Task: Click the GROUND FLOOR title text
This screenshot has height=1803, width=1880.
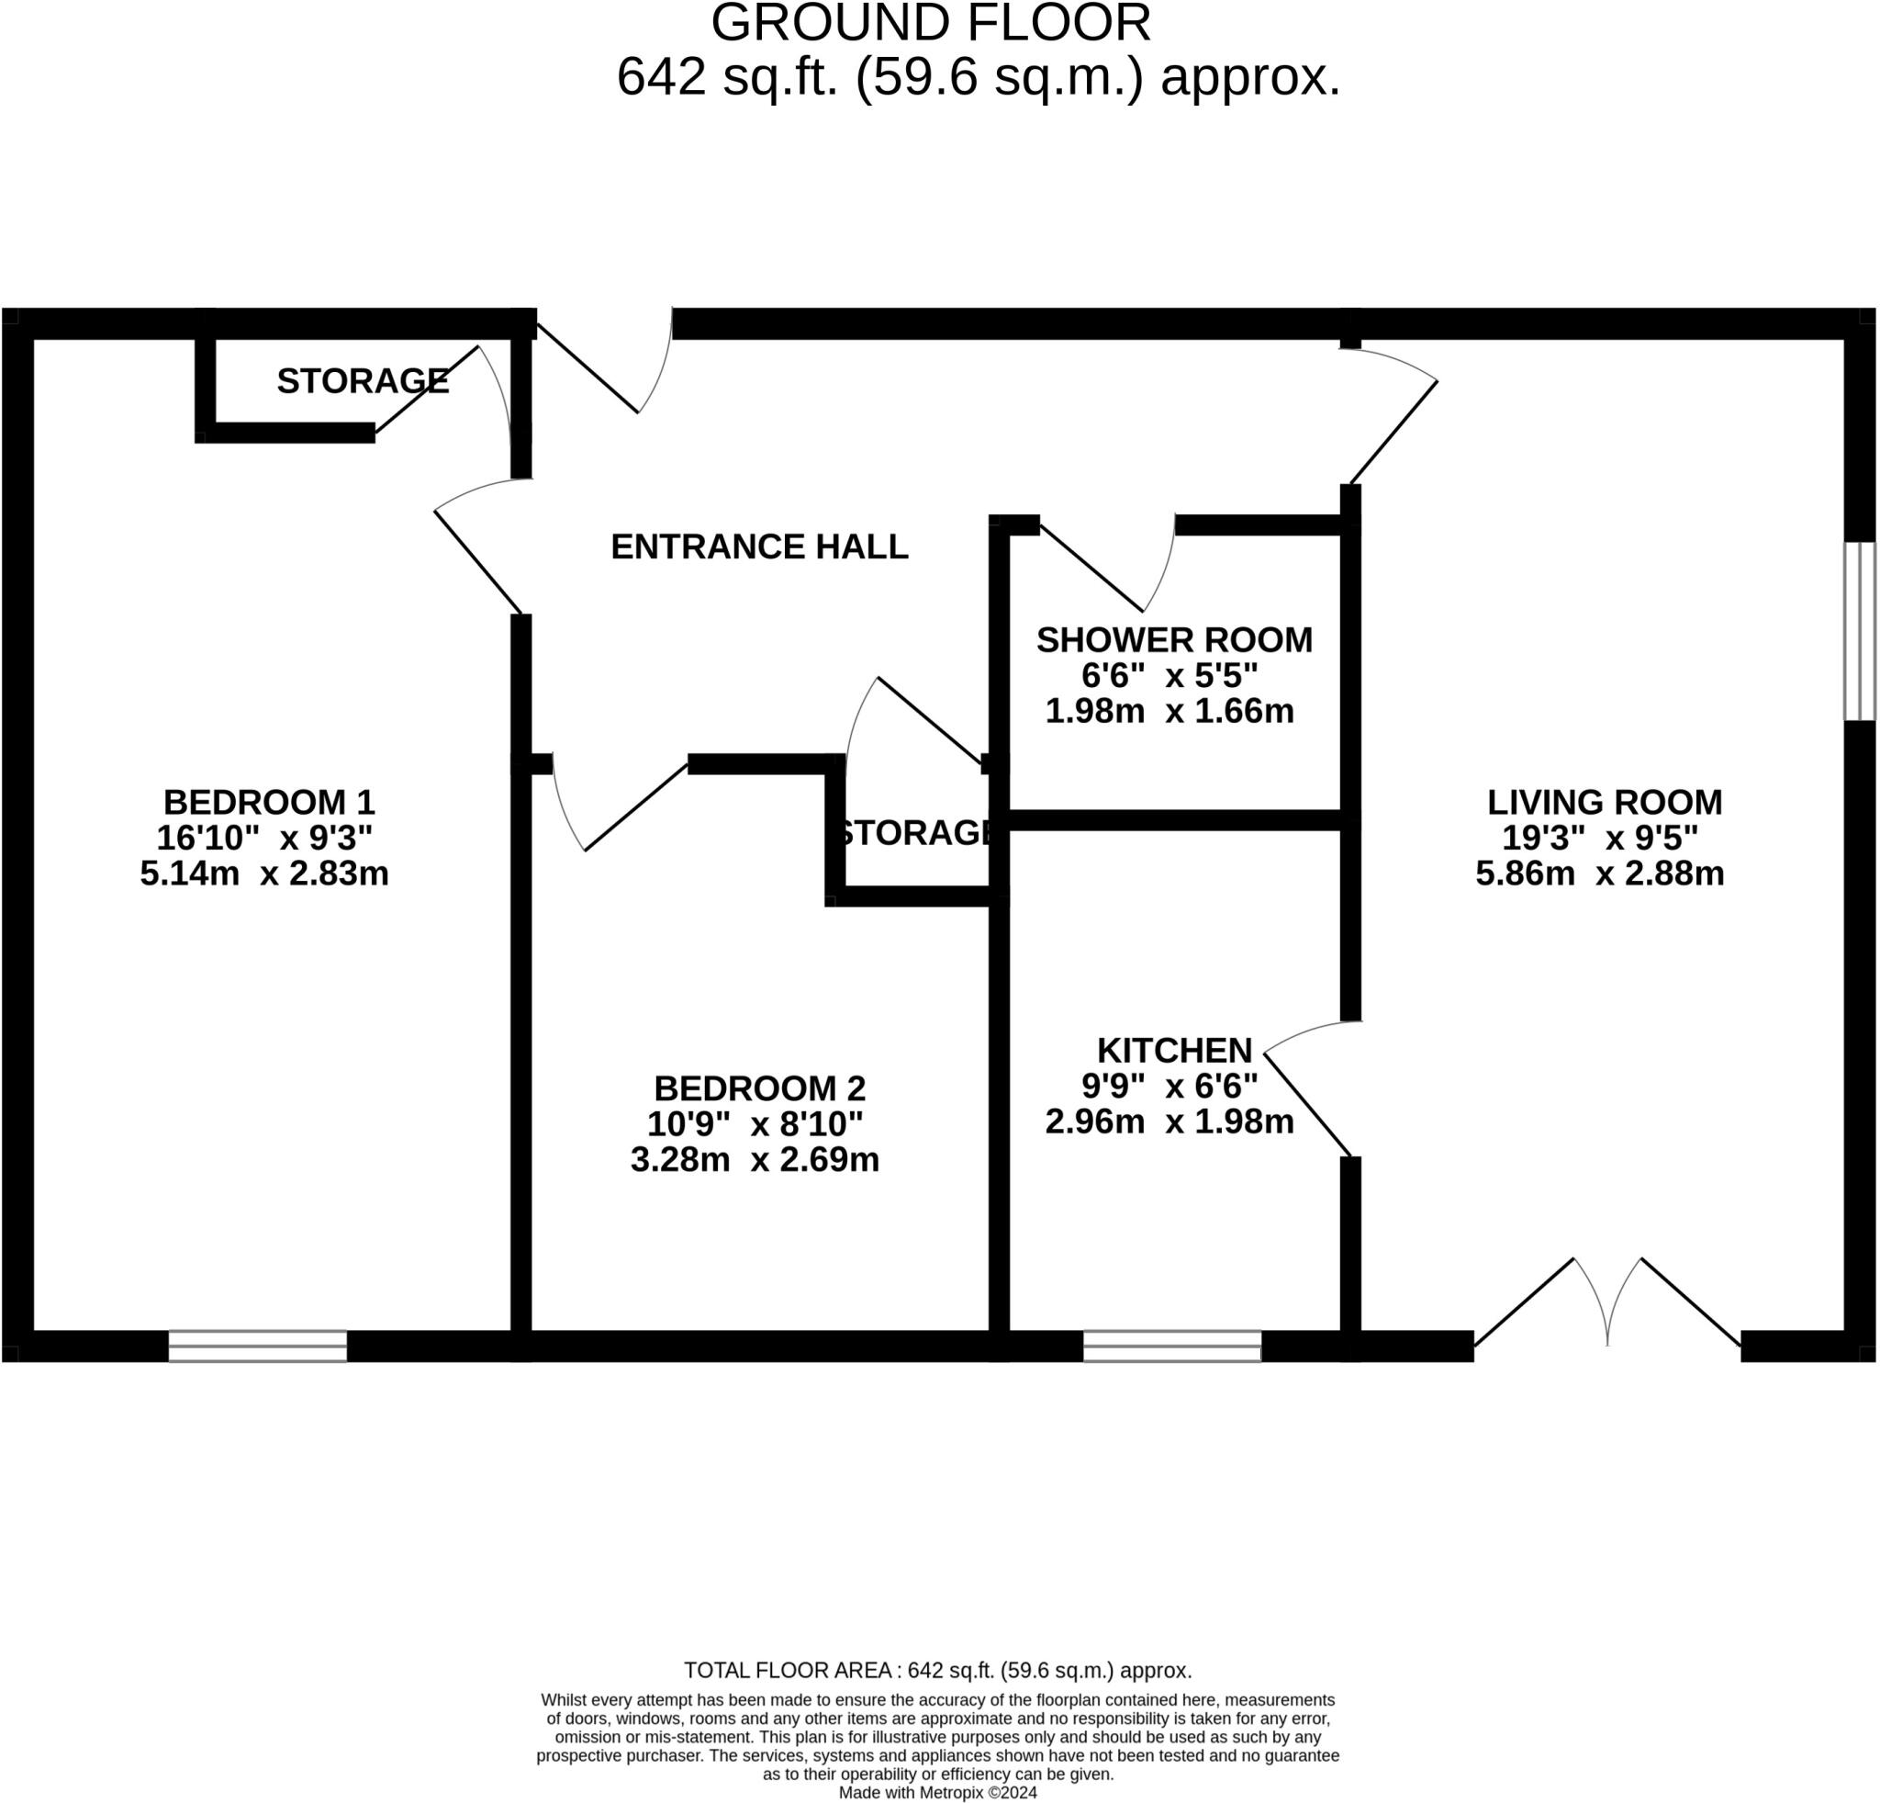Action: [931, 23]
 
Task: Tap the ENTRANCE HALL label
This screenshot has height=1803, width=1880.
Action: [759, 547]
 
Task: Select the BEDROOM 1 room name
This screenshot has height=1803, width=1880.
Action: [269, 801]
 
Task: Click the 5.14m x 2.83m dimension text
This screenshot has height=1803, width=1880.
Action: [263, 874]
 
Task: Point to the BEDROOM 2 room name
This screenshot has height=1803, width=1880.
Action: [759, 1088]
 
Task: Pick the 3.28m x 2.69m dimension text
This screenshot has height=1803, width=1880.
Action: [754, 1160]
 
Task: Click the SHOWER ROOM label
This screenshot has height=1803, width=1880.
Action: [1174, 640]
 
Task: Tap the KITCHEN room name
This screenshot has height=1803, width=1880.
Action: [1174, 1050]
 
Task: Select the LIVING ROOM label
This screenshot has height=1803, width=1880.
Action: [1604, 801]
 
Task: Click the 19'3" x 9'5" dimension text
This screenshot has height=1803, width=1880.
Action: [1599, 838]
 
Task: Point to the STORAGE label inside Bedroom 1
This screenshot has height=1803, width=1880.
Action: [363, 382]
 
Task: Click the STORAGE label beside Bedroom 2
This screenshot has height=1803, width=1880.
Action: [914, 833]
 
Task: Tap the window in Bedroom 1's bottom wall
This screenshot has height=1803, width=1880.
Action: [257, 1347]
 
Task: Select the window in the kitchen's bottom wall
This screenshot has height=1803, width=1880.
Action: [1171, 1347]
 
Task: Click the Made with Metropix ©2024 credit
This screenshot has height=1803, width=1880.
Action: [937, 1793]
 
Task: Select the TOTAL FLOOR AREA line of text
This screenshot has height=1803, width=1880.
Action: [937, 1671]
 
